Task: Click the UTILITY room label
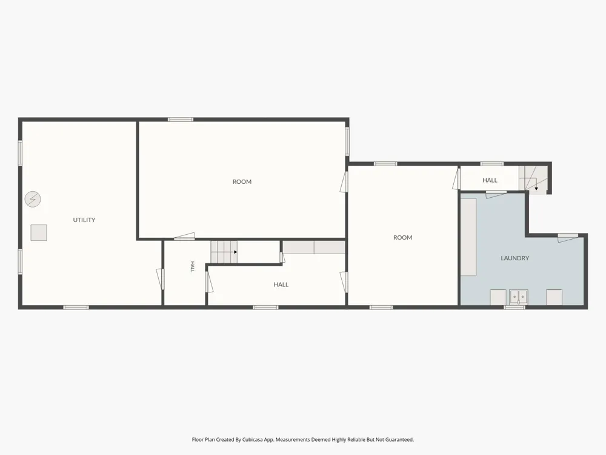(x=84, y=220)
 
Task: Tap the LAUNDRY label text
(x=514, y=258)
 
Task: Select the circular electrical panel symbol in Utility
(x=33, y=199)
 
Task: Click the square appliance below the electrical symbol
(x=39, y=232)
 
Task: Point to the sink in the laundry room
(x=518, y=297)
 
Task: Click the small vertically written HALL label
(x=193, y=266)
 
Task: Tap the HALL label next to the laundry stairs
(x=490, y=180)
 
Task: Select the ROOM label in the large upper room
(x=242, y=182)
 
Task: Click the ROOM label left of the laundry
(x=403, y=238)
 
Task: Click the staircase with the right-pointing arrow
(x=224, y=252)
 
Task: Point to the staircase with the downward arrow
(x=533, y=178)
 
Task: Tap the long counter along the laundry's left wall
(x=468, y=237)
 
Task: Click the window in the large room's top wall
(x=181, y=120)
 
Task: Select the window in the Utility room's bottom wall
(x=76, y=308)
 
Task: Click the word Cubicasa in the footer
(x=253, y=439)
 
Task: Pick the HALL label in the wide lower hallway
(x=281, y=285)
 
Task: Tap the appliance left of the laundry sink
(x=498, y=297)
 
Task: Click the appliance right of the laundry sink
(x=554, y=297)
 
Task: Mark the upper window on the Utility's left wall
(x=20, y=153)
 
